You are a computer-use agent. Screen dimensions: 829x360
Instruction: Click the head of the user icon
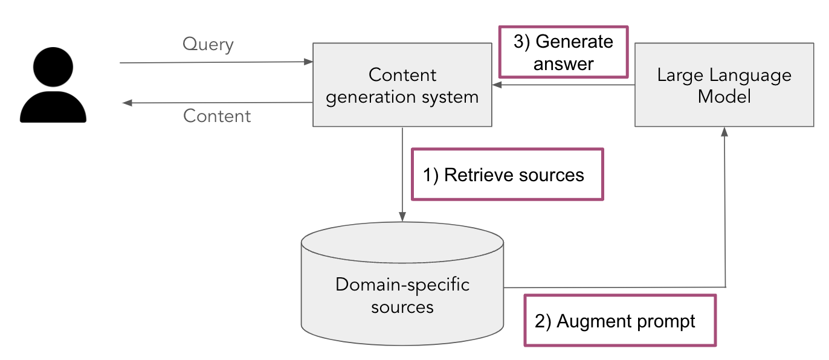[53, 67]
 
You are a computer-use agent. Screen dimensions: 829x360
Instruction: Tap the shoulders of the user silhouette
[53, 107]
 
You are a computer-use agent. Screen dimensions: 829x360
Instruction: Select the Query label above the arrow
[208, 45]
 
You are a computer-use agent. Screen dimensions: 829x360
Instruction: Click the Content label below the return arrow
[217, 116]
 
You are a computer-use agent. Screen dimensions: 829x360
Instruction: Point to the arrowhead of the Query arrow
[308, 62]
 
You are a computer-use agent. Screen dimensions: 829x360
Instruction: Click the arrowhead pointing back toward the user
[127, 103]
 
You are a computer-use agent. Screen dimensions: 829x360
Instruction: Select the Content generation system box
[402, 85]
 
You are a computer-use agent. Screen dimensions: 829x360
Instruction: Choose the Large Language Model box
[724, 85]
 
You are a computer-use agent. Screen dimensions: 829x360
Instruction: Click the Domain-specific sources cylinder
[402, 284]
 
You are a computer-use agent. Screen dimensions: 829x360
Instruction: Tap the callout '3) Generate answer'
[563, 52]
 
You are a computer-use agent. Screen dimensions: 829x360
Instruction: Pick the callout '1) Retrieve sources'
[508, 175]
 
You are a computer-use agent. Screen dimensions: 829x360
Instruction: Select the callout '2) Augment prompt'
[621, 320]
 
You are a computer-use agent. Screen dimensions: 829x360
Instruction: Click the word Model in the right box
[724, 96]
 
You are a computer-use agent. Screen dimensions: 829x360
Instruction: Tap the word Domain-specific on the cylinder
[402, 285]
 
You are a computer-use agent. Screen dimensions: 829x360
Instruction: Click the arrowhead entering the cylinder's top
[402, 217]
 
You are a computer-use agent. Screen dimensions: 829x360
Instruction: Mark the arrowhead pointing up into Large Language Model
[724, 132]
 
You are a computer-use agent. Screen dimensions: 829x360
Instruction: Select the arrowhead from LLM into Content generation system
[497, 85]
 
